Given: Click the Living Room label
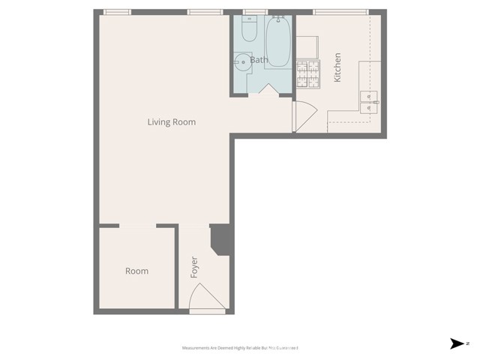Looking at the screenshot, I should click(x=172, y=121).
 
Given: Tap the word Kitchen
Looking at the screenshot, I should click(x=338, y=67).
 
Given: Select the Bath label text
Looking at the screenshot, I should click(x=259, y=59).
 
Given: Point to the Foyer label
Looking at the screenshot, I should click(x=194, y=268).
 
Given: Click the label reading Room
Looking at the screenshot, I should click(x=136, y=271).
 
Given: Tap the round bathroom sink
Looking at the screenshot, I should click(x=242, y=62).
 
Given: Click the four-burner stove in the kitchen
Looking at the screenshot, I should click(x=307, y=74).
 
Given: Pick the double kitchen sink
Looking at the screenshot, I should click(x=370, y=102).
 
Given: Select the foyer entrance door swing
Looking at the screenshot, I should click(x=205, y=298).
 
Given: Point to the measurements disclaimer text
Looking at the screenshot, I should click(x=240, y=348).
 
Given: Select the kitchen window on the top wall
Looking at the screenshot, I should click(x=340, y=12).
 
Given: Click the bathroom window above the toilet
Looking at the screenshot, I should click(x=255, y=12).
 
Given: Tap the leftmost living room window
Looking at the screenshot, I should click(x=116, y=12).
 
